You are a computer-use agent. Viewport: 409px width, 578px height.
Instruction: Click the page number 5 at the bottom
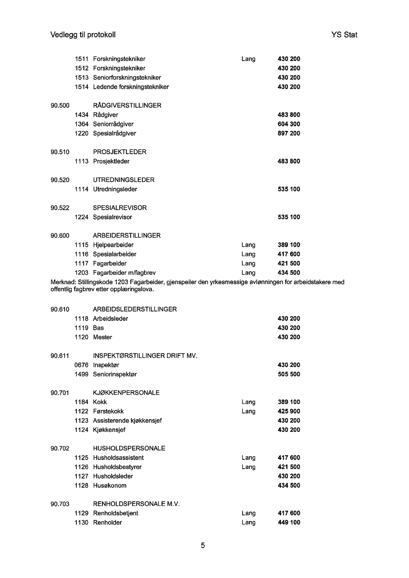click(x=203, y=546)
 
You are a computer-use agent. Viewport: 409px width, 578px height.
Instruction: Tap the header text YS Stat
click(x=344, y=35)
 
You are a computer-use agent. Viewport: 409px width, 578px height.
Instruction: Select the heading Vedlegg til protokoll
click(x=83, y=35)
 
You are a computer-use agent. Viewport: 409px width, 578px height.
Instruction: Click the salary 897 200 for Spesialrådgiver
click(x=289, y=133)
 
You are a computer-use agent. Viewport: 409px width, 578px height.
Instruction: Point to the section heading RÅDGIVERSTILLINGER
click(x=127, y=105)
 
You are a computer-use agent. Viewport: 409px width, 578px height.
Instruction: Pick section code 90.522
click(x=60, y=208)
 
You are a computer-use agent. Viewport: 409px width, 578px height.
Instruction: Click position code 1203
click(x=81, y=273)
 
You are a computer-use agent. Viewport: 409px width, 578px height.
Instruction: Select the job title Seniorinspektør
click(x=115, y=374)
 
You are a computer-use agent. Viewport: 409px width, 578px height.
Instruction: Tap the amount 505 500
click(x=289, y=374)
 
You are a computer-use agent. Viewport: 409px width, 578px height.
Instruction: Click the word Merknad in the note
click(x=63, y=282)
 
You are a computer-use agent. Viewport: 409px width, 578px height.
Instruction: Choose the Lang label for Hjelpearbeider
click(x=248, y=245)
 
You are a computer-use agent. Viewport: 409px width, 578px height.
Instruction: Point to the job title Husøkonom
click(x=109, y=485)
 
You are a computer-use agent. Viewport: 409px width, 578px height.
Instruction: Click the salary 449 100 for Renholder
click(x=289, y=522)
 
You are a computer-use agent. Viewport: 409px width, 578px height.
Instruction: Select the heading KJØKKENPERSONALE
click(x=126, y=393)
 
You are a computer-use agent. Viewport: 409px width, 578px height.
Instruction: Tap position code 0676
click(x=81, y=365)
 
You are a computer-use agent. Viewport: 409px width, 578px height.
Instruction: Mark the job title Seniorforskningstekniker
click(x=127, y=77)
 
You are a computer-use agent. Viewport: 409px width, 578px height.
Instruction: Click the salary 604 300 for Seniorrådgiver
click(x=289, y=124)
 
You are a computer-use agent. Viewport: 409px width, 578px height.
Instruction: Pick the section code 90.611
click(x=60, y=356)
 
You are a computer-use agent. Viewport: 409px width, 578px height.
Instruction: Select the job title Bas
click(x=98, y=328)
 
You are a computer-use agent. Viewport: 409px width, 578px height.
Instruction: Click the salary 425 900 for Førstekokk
click(x=289, y=411)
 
